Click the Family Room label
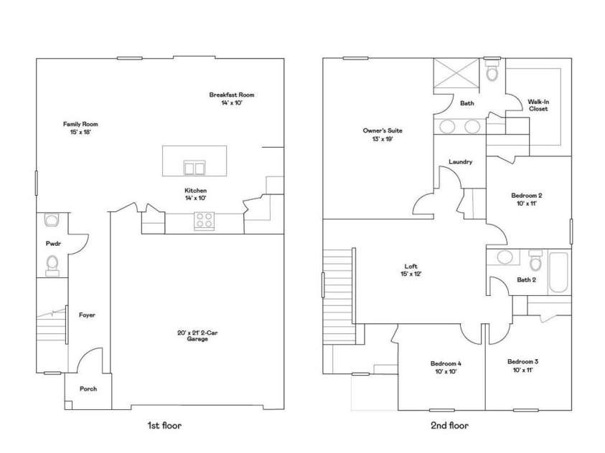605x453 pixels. pyautogui.click(x=80, y=128)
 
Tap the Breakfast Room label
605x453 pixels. pyautogui.click(x=231, y=99)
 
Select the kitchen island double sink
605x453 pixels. pyautogui.click(x=194, y=168)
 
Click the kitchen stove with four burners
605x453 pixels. pyautogui.click(x=204, y=222)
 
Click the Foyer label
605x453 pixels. pyautogui.click(x=87, y=315)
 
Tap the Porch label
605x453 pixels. pyautogui.click(x=88, y=389)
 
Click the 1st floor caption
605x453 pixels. pyautogui.click(x=164, y=426)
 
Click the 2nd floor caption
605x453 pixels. pyautogui.click(x=449, y=426)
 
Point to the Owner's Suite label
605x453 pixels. pyautogui.click(x=383, y=135)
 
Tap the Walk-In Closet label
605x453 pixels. pyautogui.click(x=538, y=105)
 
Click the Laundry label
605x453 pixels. pyautogui.click(x=460, y=162)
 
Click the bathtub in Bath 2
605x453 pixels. pyautogui.click(x=558, y=272)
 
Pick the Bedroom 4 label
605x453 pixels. pyautogui.click(x=446, y=366)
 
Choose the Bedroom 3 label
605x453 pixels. pyautogui.click(x=522, y=366)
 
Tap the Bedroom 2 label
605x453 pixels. pyautogui.click(x=526, y=199)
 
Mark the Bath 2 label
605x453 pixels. pyautogui.click(x=527, y=280)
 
